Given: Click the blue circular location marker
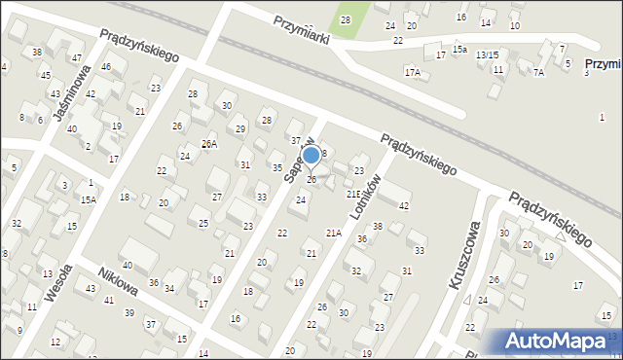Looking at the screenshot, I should click(311, 155).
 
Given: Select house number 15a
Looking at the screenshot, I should click(459, 49).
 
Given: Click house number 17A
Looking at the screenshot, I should click(413, 72).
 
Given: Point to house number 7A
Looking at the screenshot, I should click(538, 72).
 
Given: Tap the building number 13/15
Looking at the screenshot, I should click(487, 54).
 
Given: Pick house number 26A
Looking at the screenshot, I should click(208, 143).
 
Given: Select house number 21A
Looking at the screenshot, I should click(333, 233).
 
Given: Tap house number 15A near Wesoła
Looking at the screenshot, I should click(89, 199).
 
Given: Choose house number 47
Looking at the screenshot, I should click(77, 57).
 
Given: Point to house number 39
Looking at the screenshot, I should click(129, 312).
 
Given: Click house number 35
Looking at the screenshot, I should click(277, 168).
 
